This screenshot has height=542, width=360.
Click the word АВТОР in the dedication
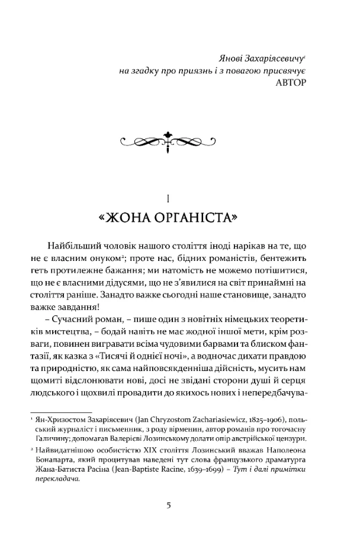pyautogui.click(x=291, y=82)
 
